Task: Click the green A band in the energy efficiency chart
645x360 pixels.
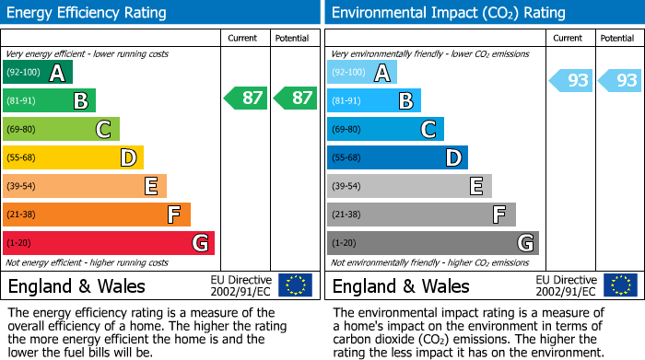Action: [x=37, y=73]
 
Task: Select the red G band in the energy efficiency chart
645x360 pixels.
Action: [x=108, y=243]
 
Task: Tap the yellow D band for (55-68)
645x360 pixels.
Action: [x=73, y=158]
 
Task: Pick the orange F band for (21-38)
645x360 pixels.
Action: [x=96, y=215]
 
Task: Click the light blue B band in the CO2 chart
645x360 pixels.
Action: [x=373, y=101]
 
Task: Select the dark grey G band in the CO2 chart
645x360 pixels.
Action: [x=432, y=243]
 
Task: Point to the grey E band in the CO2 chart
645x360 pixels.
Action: [x=408, y=187]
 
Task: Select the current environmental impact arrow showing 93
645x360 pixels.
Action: [x=570, y=81]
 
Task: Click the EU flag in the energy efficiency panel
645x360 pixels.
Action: [x=295, y=285]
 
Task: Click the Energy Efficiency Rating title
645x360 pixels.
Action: [x=88, y=13]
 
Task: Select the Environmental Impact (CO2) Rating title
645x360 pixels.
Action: [x=448, y=13]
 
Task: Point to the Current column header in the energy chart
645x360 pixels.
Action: [x=243, y=38]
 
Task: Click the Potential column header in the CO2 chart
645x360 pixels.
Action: [x=617, y=38]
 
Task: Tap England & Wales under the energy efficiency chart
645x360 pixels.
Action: [x=76, y=285]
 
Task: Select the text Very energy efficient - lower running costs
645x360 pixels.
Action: [x=88, y=54]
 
